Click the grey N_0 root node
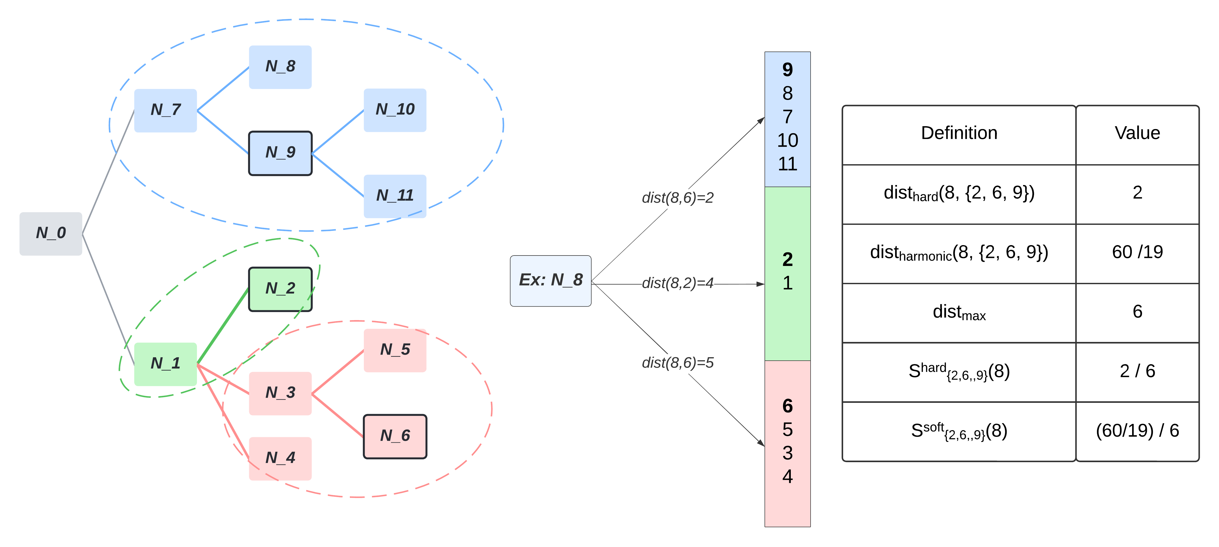pos(51,234)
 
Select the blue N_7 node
pos(166,110)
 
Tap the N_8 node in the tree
pos(280,67)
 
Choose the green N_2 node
pos(280,289)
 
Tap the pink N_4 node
pos(280,458)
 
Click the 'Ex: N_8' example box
pos(550,281)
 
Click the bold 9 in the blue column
pos(787,70)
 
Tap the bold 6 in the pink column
pos(787,406)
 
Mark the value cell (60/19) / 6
pos(1137,431)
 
